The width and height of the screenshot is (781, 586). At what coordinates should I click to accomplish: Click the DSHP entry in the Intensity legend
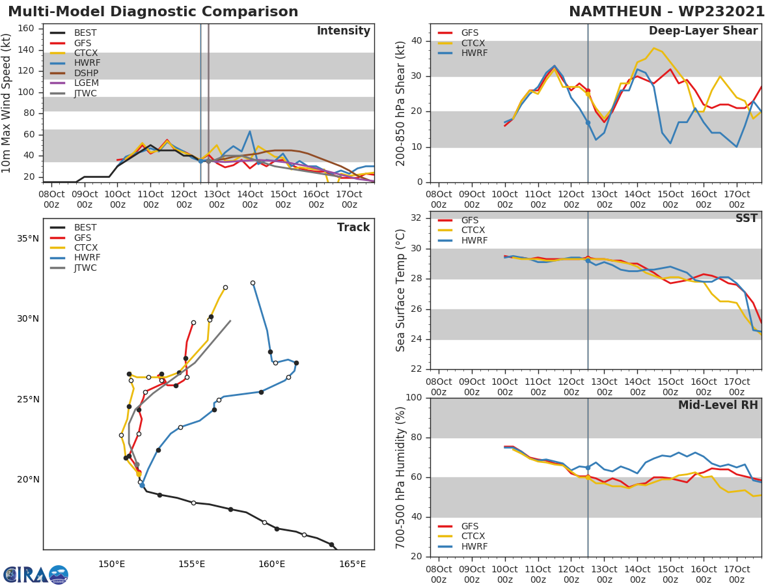pos(85,73)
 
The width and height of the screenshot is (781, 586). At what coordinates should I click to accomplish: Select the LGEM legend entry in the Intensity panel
pos(85,83)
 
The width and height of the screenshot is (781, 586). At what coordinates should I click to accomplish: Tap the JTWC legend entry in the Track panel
pos(85,268)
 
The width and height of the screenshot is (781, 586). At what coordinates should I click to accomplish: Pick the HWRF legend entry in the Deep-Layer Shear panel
pos(474,53)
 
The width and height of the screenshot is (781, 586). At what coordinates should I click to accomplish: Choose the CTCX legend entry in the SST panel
pos(473,230)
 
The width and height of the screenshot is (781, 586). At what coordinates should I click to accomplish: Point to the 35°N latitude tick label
pos(27,238)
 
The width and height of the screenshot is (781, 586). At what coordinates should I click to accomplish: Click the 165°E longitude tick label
pos(352,563)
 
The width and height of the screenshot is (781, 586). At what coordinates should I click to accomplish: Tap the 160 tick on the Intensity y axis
pos(26,28)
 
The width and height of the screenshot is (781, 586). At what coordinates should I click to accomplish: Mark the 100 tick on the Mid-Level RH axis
pos(414,398)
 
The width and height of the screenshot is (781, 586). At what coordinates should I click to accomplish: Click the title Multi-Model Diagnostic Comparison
pos(153,12)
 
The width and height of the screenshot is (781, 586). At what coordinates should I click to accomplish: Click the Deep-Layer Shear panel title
pos(703,31)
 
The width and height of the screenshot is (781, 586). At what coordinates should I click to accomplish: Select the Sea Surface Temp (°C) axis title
pos(401,290)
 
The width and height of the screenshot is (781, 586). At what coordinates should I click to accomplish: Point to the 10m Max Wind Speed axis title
pos(7,103)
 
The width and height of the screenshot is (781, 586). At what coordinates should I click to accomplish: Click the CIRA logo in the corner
pos(36,574)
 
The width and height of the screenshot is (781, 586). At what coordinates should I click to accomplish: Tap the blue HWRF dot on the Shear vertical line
pos(588,122)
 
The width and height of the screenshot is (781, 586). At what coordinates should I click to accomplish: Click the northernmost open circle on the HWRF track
pos(253,283)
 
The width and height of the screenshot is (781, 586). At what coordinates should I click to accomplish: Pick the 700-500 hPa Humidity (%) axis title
pos(401,477)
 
